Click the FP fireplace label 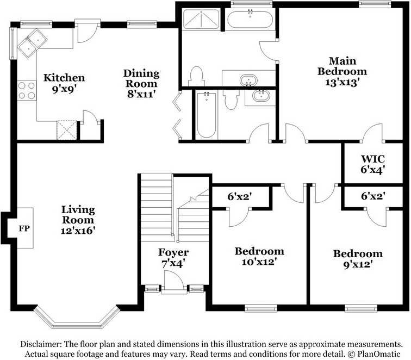tap(24, 228)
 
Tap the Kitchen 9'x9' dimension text tap(64, 90)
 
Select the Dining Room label tap(141, 78)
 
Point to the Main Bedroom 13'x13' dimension tap(342, 82)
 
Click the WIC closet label tap(373, 159)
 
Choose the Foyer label tap(173, 252)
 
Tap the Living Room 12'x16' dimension tap(78, 231)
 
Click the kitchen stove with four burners tap(27, 90)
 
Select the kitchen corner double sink tap(32, 43)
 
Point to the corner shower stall tap(201, 19)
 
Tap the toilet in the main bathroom tap(196, 76)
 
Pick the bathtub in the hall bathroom tap(206, 115)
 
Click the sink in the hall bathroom tap(261, 96)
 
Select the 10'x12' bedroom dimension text tap(259, 262)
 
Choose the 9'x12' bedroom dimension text tap(358, 264)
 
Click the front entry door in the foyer tap(174, 280)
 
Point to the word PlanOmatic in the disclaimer tap(378, 354)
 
